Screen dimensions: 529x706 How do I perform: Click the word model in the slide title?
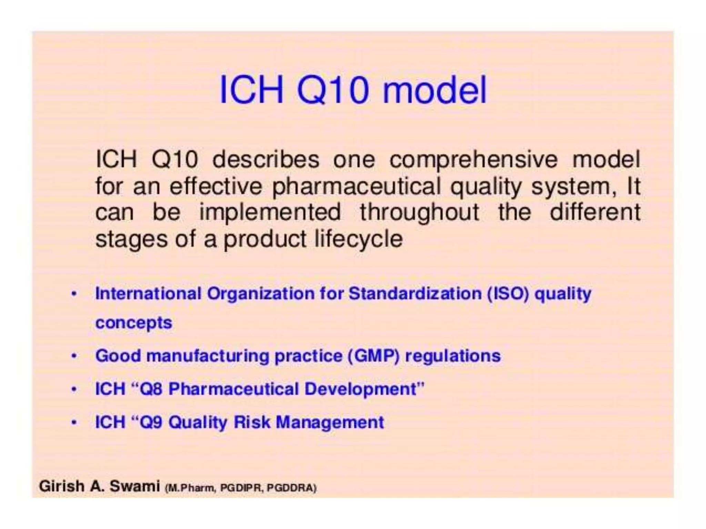435,90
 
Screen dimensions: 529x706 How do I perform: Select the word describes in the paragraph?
266,159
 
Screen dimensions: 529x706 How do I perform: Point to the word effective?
216,186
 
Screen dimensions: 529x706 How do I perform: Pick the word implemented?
270,212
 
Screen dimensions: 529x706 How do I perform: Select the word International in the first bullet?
148,294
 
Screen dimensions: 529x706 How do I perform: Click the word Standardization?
415,294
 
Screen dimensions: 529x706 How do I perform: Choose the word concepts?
133,323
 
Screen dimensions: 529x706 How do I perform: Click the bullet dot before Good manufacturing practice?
73,356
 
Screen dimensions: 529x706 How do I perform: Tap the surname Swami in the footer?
135,486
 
